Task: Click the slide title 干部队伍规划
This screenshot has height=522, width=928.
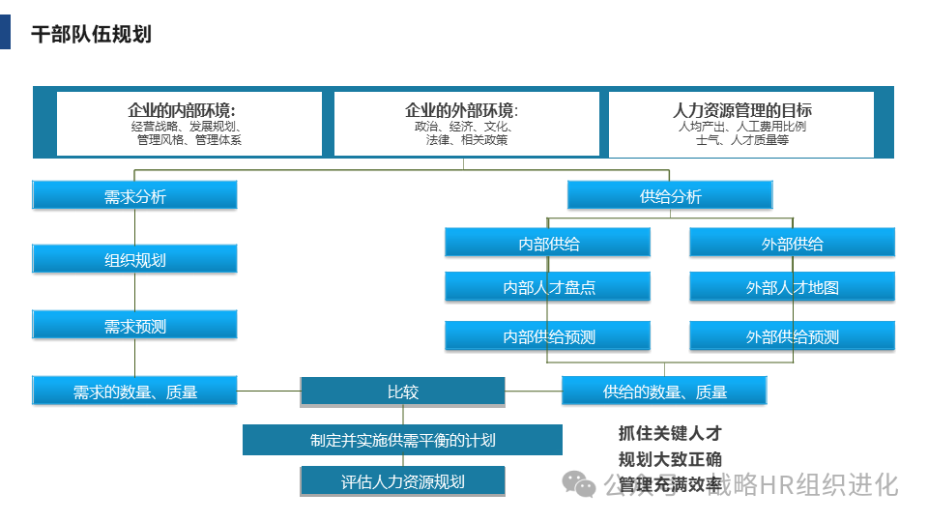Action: (x=91, y=35)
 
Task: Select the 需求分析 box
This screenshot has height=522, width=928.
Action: (x=134, y=196)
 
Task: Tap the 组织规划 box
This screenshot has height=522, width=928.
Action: (x=134, y=259)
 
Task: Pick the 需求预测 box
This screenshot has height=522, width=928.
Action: (x=134, y=326)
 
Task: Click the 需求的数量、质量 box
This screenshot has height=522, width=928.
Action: (x=134, y=391)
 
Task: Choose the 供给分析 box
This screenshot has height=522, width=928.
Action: (x=670, y=196)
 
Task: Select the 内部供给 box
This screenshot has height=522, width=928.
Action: (x=548, y=244)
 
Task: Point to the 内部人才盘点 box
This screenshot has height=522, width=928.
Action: (x=548, y=287)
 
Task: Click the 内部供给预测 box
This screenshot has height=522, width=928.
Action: (x=548, y=336)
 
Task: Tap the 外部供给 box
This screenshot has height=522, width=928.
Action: (x=792, y=244)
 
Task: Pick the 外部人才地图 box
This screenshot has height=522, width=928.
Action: (x=792, y=287)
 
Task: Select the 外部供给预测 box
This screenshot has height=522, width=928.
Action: (x=792, y=336)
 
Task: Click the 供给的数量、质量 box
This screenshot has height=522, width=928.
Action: (x=664, y=391)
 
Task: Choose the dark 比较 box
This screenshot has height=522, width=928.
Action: (x=402, y=391)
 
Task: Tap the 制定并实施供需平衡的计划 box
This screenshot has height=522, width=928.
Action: (x=402, y=440)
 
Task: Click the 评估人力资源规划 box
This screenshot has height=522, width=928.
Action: (x=402, y=481)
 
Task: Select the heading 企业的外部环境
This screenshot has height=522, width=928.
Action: (x=461, y=109)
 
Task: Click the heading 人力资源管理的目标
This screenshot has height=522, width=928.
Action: (x=741, y=109)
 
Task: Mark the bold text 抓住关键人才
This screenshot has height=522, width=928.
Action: (x=670, y=433)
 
